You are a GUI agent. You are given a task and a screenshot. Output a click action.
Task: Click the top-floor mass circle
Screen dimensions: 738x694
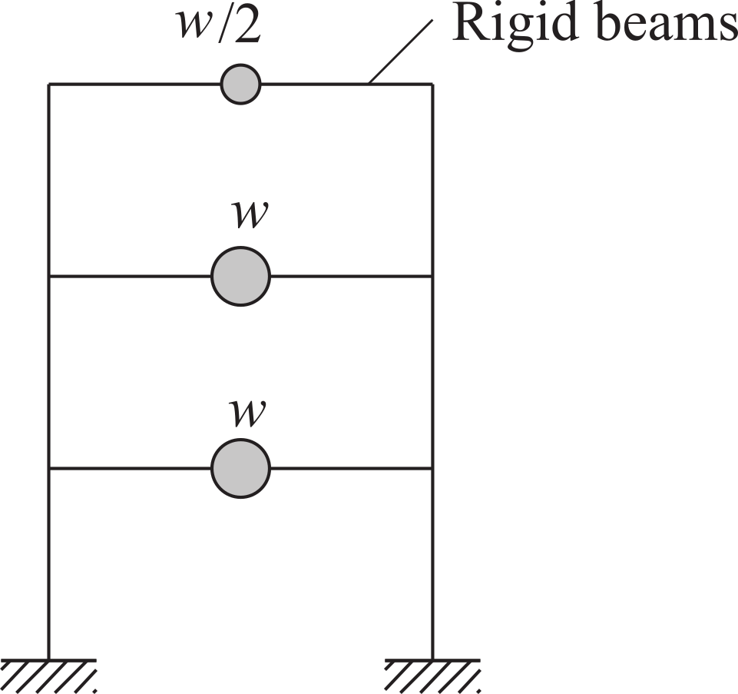pos(240,85)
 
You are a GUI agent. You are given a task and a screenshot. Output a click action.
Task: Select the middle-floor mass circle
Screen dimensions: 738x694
pos(240,277)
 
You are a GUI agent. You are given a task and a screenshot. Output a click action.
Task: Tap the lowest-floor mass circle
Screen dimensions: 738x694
pos(240,468)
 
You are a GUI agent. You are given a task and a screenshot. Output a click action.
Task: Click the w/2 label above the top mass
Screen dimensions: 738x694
pos(218,25)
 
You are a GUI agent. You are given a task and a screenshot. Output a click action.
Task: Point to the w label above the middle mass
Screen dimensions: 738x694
pos(250,215)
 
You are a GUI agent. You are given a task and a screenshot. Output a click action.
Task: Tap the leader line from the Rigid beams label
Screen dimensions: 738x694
pos(400,51)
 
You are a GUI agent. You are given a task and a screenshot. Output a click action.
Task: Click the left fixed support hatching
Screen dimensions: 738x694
pos(48,676)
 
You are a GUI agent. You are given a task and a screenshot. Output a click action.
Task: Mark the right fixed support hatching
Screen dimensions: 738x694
pos(432,676)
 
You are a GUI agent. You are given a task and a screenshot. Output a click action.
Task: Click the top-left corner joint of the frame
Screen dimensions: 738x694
pos(49,85)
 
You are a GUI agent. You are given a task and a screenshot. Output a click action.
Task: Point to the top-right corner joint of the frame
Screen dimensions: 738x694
pos(432,85)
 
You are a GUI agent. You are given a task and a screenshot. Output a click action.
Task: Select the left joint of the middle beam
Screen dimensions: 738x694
pos(49,277)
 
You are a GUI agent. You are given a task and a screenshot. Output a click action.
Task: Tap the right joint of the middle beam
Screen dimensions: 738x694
pos(432,277)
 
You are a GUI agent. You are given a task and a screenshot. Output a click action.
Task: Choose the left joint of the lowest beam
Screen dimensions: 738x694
pos(49,468)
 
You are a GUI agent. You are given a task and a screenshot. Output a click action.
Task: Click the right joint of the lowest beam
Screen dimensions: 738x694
pos(432,468)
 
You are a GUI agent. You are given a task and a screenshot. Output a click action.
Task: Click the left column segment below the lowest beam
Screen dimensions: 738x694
pos(49,564)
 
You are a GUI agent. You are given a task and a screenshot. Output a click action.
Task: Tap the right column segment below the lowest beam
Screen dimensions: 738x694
pos(432,564)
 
